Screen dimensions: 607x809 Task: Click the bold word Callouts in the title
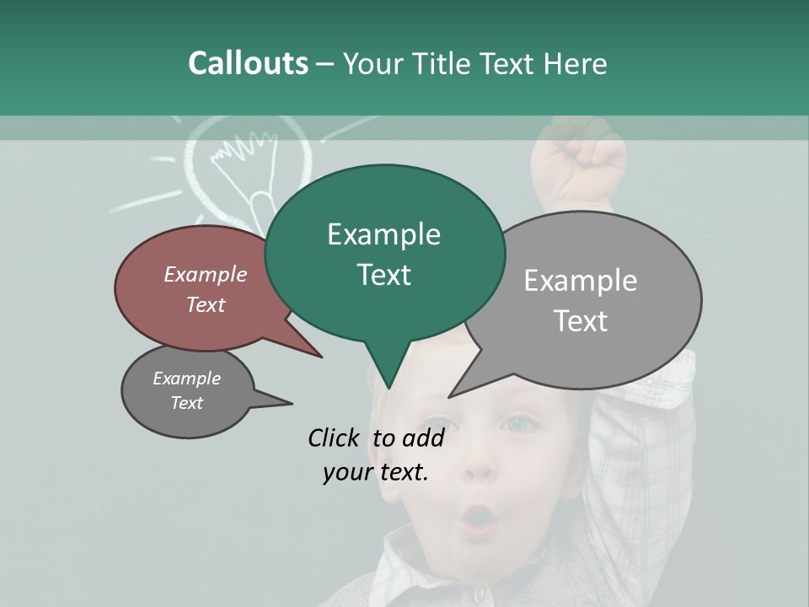click(x=248, y=63)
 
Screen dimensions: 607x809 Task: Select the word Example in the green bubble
click(x=383, y=234)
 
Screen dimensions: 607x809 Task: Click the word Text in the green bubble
click(x=383, y=275)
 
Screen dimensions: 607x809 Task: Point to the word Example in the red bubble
click(x=205, y=274)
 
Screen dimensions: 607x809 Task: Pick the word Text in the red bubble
click(x=205, y=304)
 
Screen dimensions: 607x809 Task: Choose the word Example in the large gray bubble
click(x=580, y=281)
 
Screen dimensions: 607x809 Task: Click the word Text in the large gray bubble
click(x=580, y=321)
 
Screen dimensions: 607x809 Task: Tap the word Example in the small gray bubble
click(x=186, y=379)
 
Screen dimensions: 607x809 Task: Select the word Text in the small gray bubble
click(x=186, y=403)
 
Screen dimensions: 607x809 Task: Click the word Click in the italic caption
click(x=335, y=438)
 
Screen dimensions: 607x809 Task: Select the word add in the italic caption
click(x=423, y=438)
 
